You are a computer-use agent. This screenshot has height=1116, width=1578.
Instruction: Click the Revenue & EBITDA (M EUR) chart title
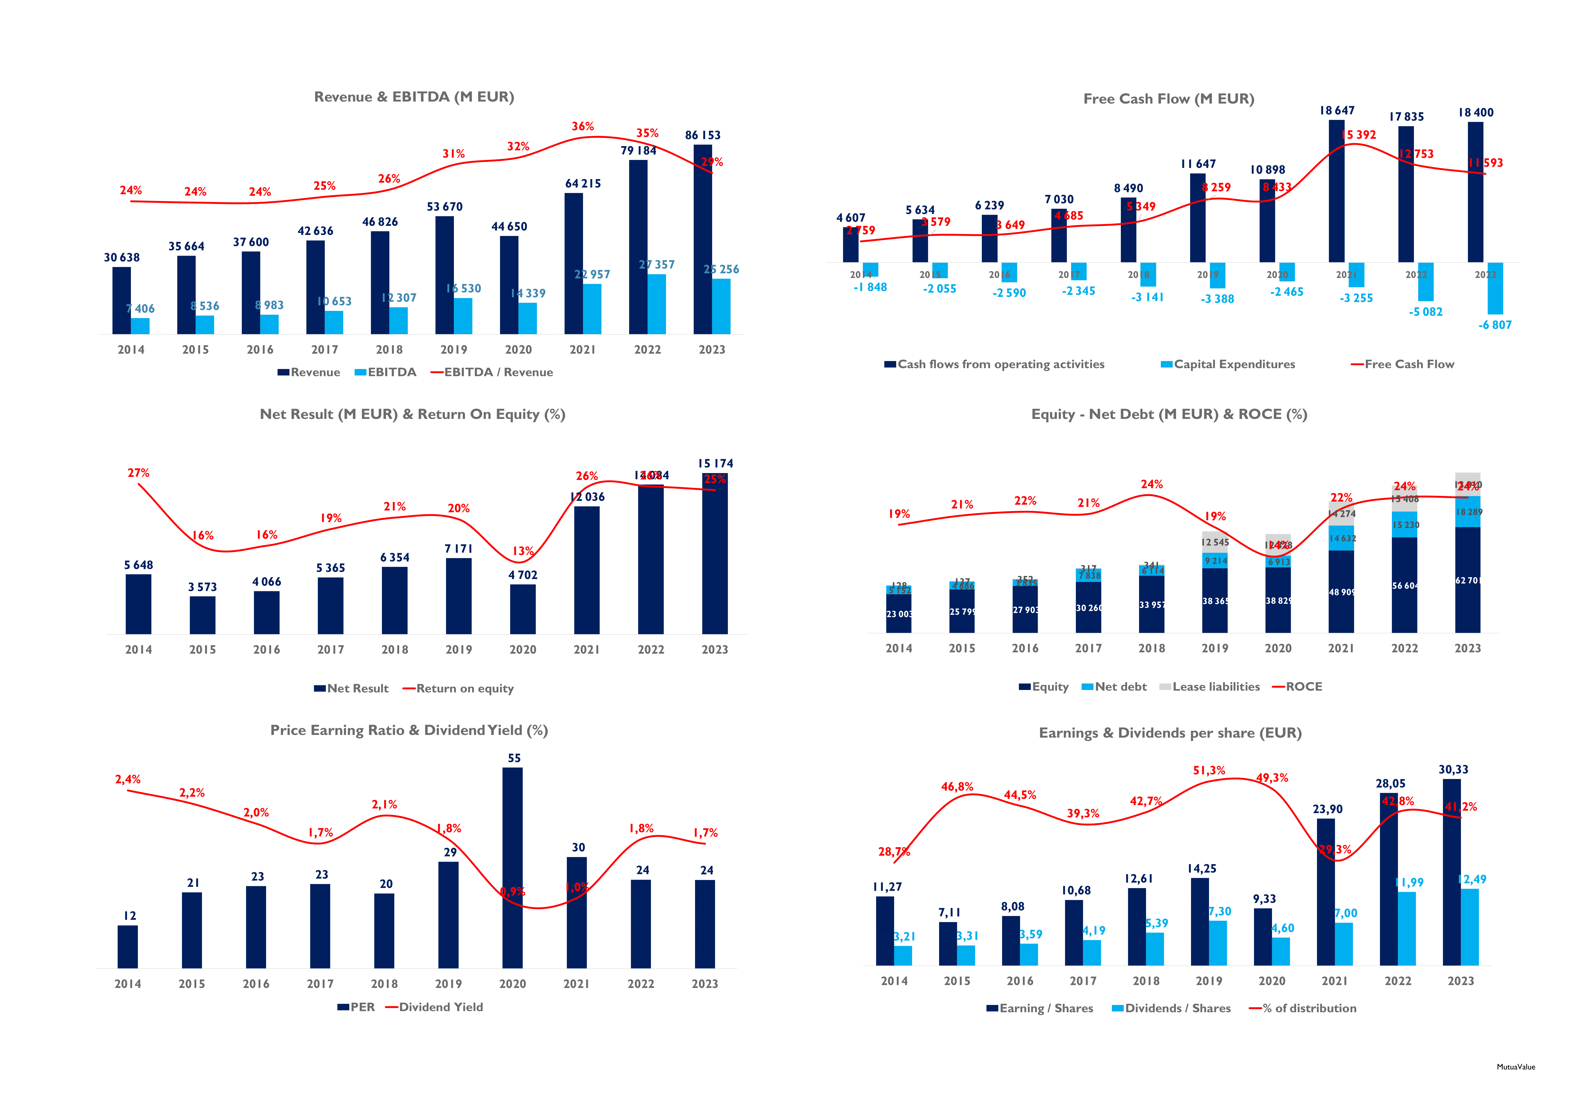414,97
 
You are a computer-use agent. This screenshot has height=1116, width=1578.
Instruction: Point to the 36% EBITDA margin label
583,126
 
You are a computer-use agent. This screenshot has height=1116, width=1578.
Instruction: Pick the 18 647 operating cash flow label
1337,111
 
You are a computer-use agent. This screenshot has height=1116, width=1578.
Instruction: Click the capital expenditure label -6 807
1495,325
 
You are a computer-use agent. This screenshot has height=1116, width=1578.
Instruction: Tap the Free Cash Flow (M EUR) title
1168,99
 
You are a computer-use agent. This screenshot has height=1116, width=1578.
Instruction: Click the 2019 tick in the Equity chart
1214,648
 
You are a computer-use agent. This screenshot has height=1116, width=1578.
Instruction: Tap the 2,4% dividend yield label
128,779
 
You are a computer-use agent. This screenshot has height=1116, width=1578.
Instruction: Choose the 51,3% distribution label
1209,770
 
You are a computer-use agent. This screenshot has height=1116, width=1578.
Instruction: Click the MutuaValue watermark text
1515,1067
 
